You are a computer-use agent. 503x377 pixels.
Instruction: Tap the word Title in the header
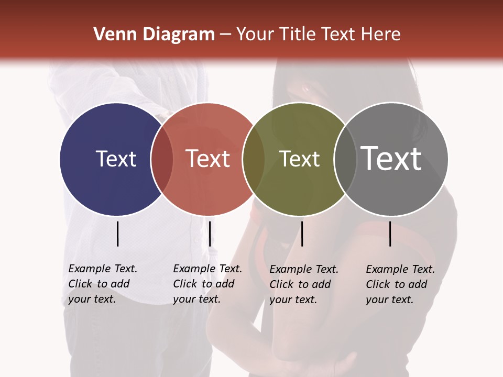tap(298, 35)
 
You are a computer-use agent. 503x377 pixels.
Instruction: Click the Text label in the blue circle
tap(116, 159)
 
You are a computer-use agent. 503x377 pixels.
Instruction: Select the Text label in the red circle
tap(208, 159)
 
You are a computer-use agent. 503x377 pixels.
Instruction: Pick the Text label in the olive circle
tap(299, 159)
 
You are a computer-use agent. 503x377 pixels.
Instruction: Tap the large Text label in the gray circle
tap(391, 158)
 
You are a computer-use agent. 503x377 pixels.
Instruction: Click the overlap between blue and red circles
tap(162, 159)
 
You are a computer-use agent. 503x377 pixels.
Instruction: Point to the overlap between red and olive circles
tap(254, 159)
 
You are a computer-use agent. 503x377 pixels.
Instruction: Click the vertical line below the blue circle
tap(117, 234)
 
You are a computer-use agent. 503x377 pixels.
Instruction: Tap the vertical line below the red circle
tap(210, 234)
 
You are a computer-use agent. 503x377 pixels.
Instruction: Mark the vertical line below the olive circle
tap(302, 234)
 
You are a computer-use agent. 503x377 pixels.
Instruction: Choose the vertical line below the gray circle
tap(390, 234)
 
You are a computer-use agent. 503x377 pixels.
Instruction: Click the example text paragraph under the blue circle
tap(103, 284)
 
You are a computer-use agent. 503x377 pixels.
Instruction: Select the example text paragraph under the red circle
tap(207, 284)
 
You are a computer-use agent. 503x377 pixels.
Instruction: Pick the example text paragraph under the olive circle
tap(304, 284)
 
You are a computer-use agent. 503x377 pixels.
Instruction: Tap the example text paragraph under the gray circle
tap(400, 284)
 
